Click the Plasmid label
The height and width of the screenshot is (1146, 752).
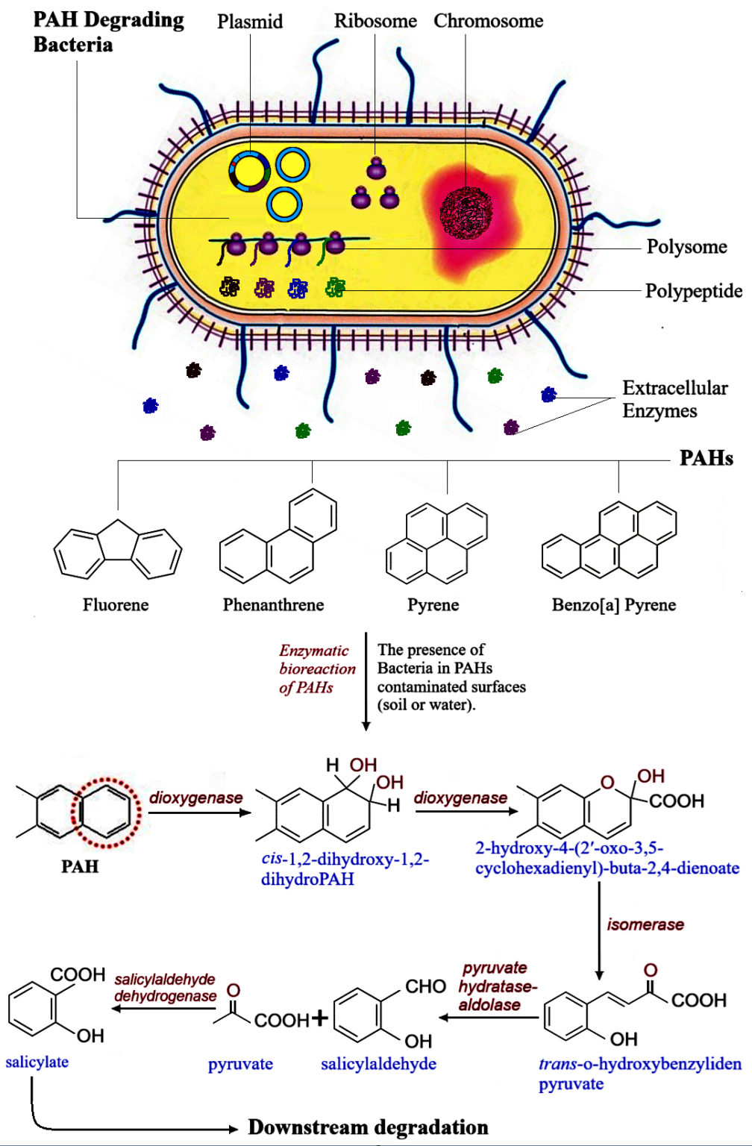(250, 22)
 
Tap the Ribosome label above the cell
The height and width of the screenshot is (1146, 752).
(375, 21)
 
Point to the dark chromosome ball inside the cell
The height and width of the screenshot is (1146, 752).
(466, 213)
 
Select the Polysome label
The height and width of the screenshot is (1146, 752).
(686, 247)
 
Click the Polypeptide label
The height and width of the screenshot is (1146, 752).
(693, 291)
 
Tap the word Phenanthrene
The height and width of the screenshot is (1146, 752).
(273, 605)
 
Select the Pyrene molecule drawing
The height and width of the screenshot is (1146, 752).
(436, 542)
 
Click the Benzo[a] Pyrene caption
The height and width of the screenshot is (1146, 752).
(614, 605)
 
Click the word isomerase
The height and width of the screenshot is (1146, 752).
(645, 924)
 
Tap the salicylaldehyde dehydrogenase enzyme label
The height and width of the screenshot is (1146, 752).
(165, 987)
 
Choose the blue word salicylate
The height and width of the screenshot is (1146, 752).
(37, 1062)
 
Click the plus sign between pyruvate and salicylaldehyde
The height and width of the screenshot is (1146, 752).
(319, 1018)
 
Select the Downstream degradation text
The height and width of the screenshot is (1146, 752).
(369, 1127)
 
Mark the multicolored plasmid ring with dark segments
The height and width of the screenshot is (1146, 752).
(250, 171)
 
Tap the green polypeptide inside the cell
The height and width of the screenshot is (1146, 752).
(336, 287)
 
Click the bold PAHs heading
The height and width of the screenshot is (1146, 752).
(706, 458)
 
